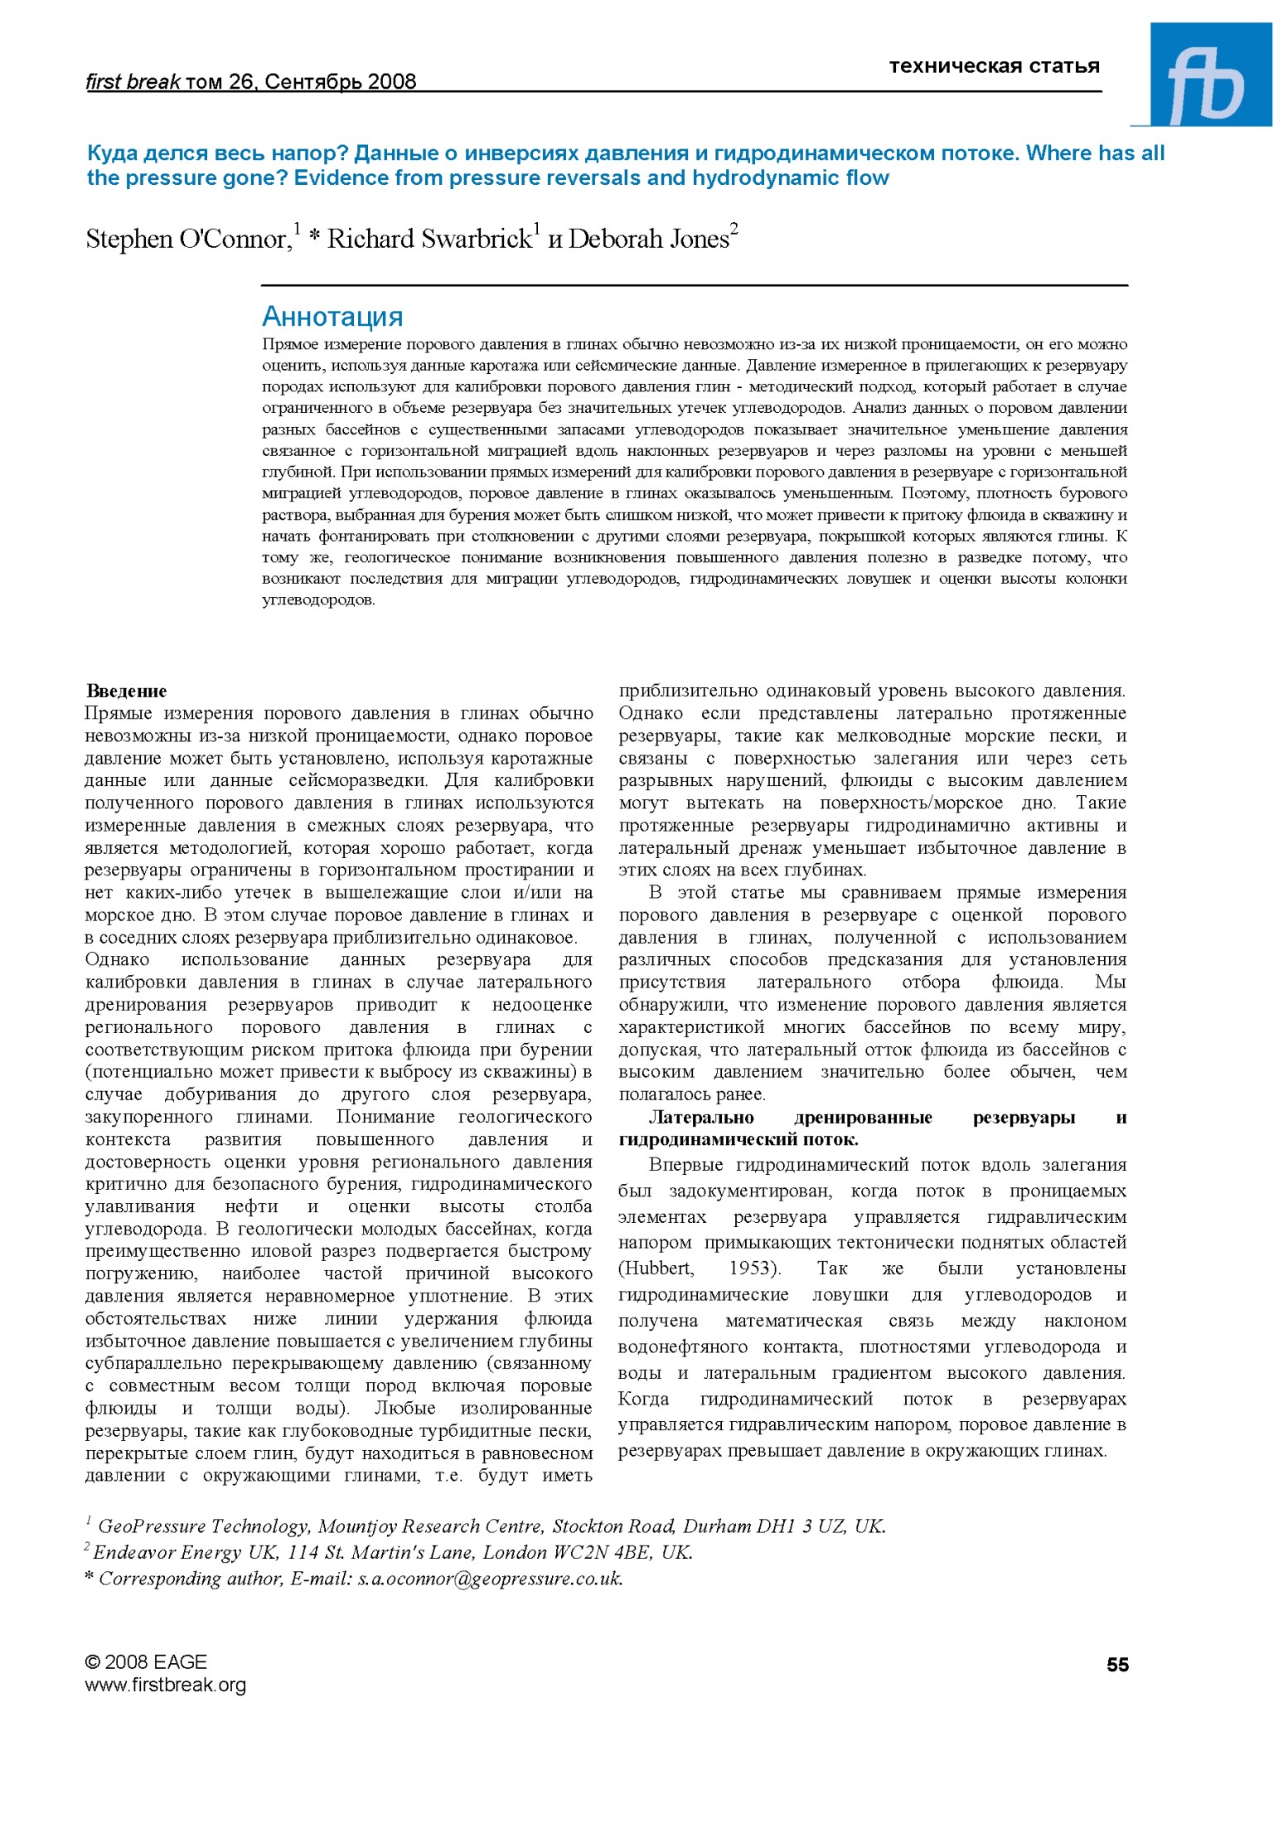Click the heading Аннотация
tap(332, 317)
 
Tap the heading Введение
tap(127, 691)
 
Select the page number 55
tap(1117, 1664)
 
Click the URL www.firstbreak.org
tap(166, 1684)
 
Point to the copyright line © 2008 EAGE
tap(146, 1661)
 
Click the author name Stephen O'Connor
tap(188, 240)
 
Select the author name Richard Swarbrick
tap(429, 240)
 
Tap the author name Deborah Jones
tap(648, 240)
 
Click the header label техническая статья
tap(994, 66)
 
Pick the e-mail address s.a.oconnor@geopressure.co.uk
tap(490, 1579)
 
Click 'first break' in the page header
tap(133, 81)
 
